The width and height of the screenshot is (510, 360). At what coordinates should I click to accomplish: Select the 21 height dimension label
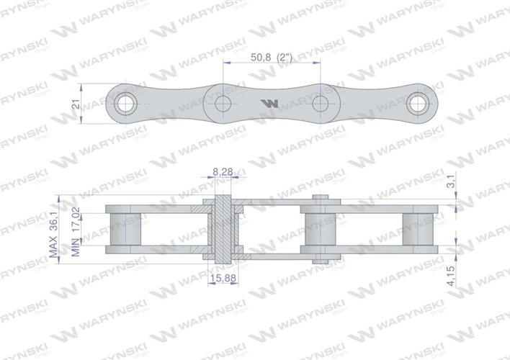76,105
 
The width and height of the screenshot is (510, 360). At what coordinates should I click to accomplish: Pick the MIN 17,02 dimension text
85,232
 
